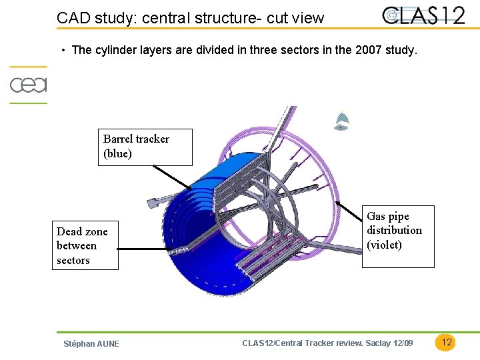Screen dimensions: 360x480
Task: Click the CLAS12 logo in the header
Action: pos(424,15)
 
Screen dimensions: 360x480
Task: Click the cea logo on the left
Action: pos(28,85)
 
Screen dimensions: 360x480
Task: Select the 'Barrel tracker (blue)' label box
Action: pos(145,147)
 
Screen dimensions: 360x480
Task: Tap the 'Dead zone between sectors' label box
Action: pos(87,245)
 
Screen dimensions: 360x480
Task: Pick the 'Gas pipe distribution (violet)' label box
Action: pos(397,236)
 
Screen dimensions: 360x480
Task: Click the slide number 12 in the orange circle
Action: pos(447,342)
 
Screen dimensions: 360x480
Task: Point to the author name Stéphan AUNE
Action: pos(91,344)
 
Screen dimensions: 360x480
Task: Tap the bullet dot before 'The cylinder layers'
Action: pos(62,51)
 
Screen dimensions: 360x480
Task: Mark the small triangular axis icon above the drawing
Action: pos(341,121)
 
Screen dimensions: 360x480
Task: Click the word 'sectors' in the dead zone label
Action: pos(73,261)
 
